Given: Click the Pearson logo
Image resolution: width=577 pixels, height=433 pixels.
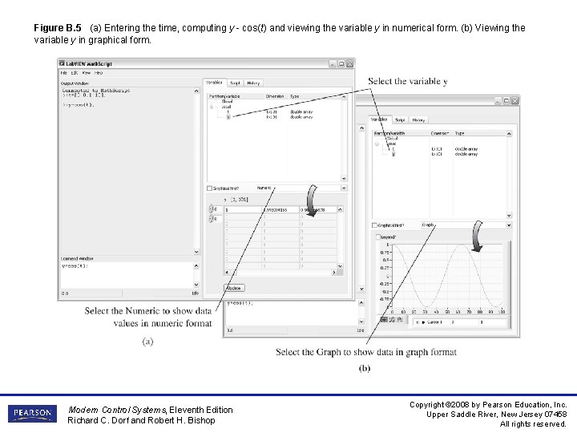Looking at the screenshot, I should coord(33,414).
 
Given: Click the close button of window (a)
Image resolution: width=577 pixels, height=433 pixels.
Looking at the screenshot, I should coord(349,63).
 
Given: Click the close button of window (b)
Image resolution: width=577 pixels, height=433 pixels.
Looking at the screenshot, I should coord(514,101).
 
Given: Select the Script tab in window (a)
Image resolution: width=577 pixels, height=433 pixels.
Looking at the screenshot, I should coord(235,82).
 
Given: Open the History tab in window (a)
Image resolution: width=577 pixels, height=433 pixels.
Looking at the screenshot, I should coord(253,82).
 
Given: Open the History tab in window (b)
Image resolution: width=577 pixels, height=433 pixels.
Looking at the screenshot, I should coord(418,119).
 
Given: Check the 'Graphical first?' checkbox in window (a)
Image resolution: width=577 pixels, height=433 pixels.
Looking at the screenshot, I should coord(210,188).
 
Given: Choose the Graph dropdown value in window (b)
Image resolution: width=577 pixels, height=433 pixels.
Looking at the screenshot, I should coord(428,225).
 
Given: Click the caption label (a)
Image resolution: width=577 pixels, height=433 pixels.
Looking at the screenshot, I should coord(148,341).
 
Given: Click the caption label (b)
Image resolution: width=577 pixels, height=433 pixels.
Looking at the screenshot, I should coord(365,368).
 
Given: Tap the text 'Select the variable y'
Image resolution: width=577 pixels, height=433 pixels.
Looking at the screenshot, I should coord(407,81).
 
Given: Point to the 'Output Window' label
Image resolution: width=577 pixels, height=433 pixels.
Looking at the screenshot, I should coord(75,82).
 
